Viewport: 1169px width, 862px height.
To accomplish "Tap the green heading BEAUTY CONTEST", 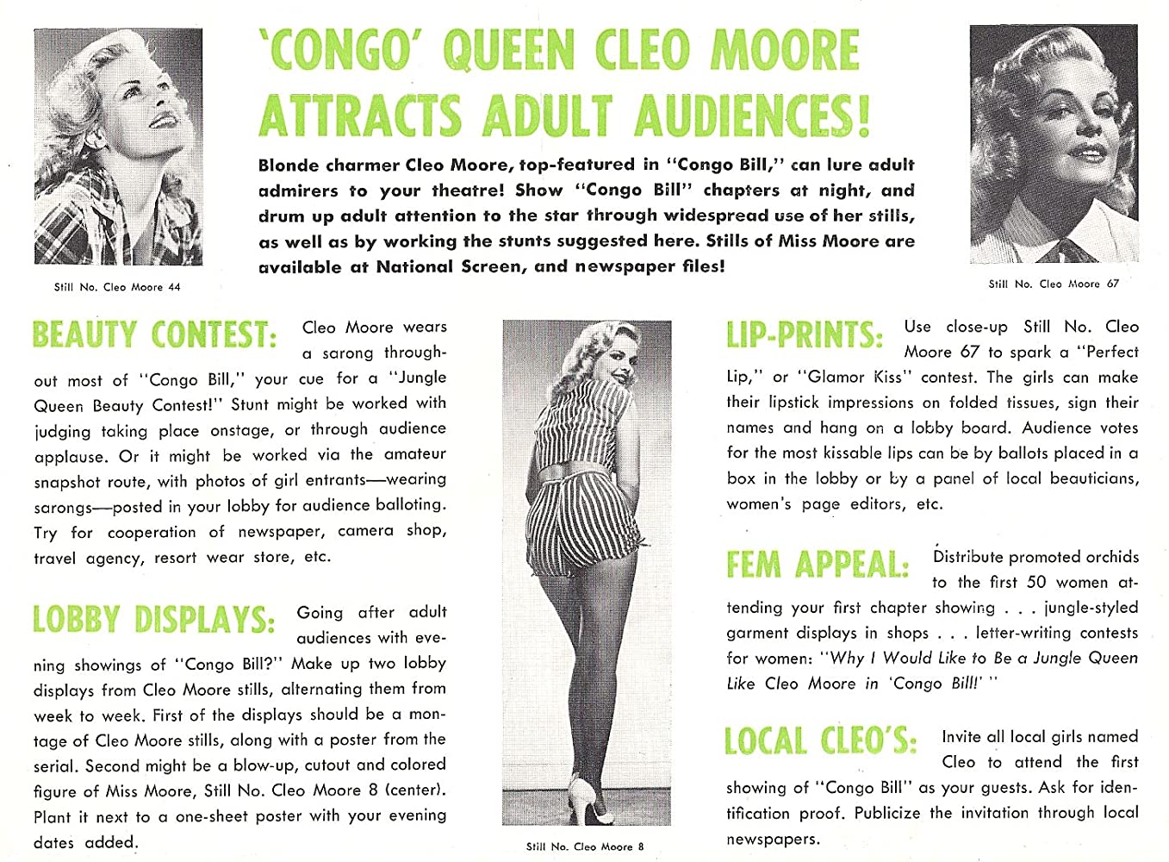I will pos(154,334).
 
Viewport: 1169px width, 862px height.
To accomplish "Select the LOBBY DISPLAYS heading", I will pos(153,619).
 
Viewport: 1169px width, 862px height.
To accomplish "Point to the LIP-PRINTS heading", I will pos(804,334).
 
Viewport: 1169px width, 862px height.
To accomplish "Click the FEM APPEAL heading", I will pos(818,565).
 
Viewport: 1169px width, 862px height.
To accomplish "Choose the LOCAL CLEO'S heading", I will pos(820,741).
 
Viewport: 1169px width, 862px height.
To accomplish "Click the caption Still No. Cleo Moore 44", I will pos(117,287).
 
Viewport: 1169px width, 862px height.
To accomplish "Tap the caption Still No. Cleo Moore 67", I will pos(1054,284).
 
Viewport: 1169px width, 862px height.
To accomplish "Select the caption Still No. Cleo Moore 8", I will pos(585,846).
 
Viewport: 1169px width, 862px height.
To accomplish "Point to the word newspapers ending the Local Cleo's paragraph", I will pos(773,839).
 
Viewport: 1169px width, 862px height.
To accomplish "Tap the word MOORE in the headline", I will pos(784,51).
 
